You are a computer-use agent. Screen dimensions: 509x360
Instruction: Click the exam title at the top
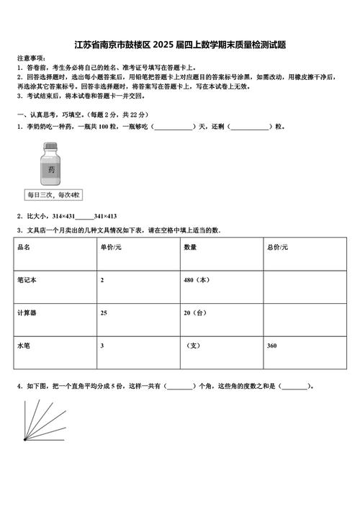tap(180, 44)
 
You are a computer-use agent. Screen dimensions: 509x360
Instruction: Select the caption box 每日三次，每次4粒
tap(53, 195)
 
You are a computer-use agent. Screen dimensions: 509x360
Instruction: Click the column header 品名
tap(23, 247)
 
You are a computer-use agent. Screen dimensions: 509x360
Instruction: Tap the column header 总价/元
tap(277, 247)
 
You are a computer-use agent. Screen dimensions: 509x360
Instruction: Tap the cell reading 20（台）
tap(195, 313)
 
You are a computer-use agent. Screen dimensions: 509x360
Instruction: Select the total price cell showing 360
tap(272, 346)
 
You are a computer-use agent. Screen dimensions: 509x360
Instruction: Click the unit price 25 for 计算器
tap(104, 313)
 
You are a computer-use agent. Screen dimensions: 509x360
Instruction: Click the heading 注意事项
tap(31, 57)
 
